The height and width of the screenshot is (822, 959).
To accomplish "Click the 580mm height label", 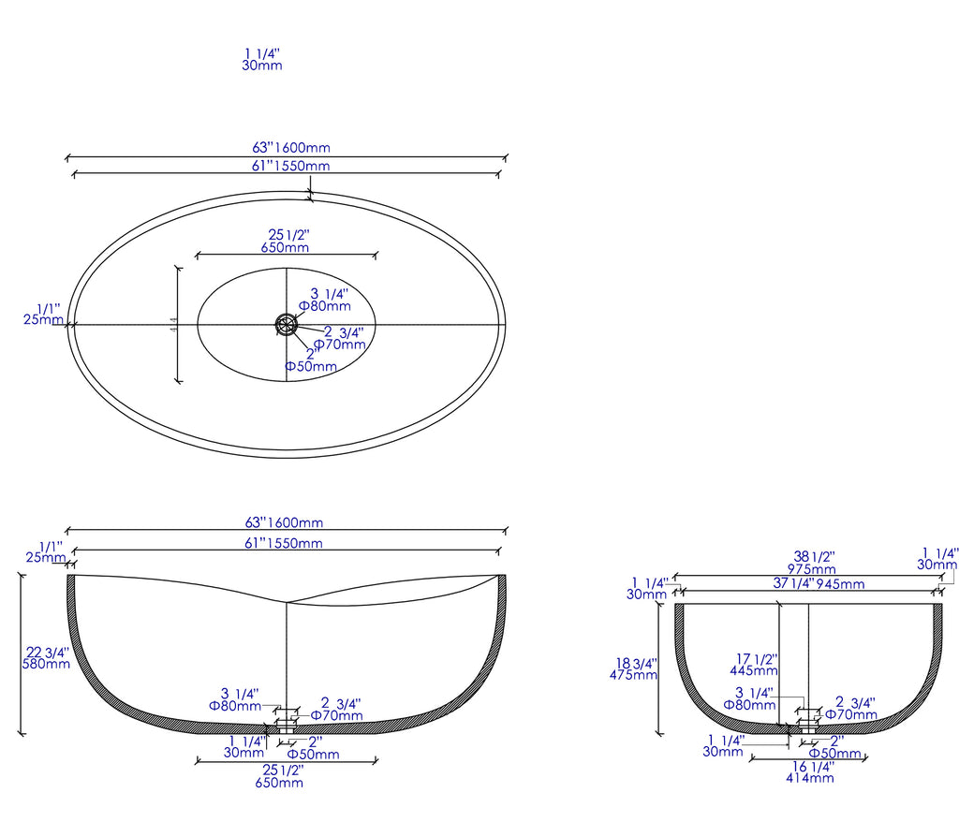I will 45,665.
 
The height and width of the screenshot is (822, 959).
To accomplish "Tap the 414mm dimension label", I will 809,777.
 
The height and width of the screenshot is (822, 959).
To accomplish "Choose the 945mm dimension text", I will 840,584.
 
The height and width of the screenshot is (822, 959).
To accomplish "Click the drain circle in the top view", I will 286,324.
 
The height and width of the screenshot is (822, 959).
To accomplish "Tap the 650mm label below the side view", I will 279,783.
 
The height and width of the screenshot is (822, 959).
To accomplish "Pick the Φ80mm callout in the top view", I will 324,305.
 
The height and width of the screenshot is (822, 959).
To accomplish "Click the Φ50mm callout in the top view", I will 311,366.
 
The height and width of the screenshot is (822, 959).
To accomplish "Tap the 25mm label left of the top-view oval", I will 42,319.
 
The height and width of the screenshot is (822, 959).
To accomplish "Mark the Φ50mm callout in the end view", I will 834,754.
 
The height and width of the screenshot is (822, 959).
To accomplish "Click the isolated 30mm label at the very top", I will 262,66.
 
